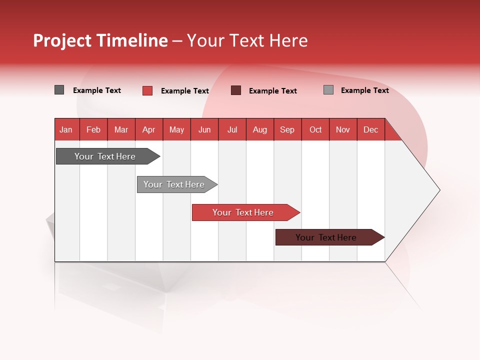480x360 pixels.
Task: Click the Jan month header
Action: [x=66, y=129]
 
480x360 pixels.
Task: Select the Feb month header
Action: [x=93, y=129]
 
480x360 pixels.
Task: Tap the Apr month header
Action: [x=149, y=129]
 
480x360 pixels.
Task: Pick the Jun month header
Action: [x=204, y=129]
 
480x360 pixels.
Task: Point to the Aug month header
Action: [x=260, y=129]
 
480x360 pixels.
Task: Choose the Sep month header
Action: [x=287, y=129]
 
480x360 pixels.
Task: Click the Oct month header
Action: [x=315, y=129]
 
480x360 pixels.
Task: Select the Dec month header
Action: [x=371, y=129]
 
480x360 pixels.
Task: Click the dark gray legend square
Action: [x=59, y=90]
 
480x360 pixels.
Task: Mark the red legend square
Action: [x=147, y=90]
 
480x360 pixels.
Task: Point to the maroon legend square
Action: [x=236, y=90]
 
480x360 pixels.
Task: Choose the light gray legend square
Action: [x=328, y=90]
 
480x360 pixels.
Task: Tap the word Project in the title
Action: [x=62, y=40]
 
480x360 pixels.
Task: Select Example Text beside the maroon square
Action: [x=272, y=91]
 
